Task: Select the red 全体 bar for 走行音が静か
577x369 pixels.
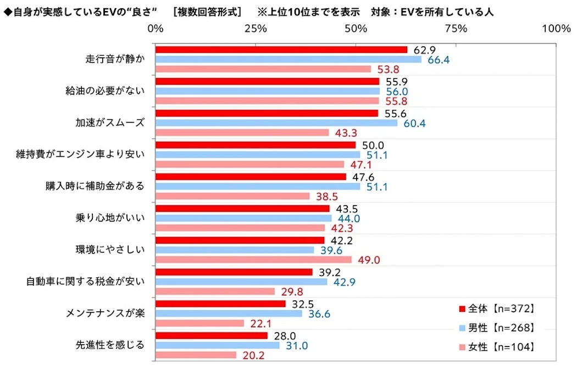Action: (x=281, y=49)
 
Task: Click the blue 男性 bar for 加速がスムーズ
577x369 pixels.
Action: (x=276, y=123)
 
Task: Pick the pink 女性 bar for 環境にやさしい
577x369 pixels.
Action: (x=254, y=260)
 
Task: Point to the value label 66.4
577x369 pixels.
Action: (x=438, y=59)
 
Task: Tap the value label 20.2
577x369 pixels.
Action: (x=253, y=356)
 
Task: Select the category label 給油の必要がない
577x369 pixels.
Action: (x=105, y=91)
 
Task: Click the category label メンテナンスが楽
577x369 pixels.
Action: (x=105, y=313)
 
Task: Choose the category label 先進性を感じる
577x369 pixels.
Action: (x=110, y=345)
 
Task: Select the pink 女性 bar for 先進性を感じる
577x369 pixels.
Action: (x=196, y=355)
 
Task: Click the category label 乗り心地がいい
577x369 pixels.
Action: (x=109, y=218)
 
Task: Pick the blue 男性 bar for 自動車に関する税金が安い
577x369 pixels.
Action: (x=241, y=282)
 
